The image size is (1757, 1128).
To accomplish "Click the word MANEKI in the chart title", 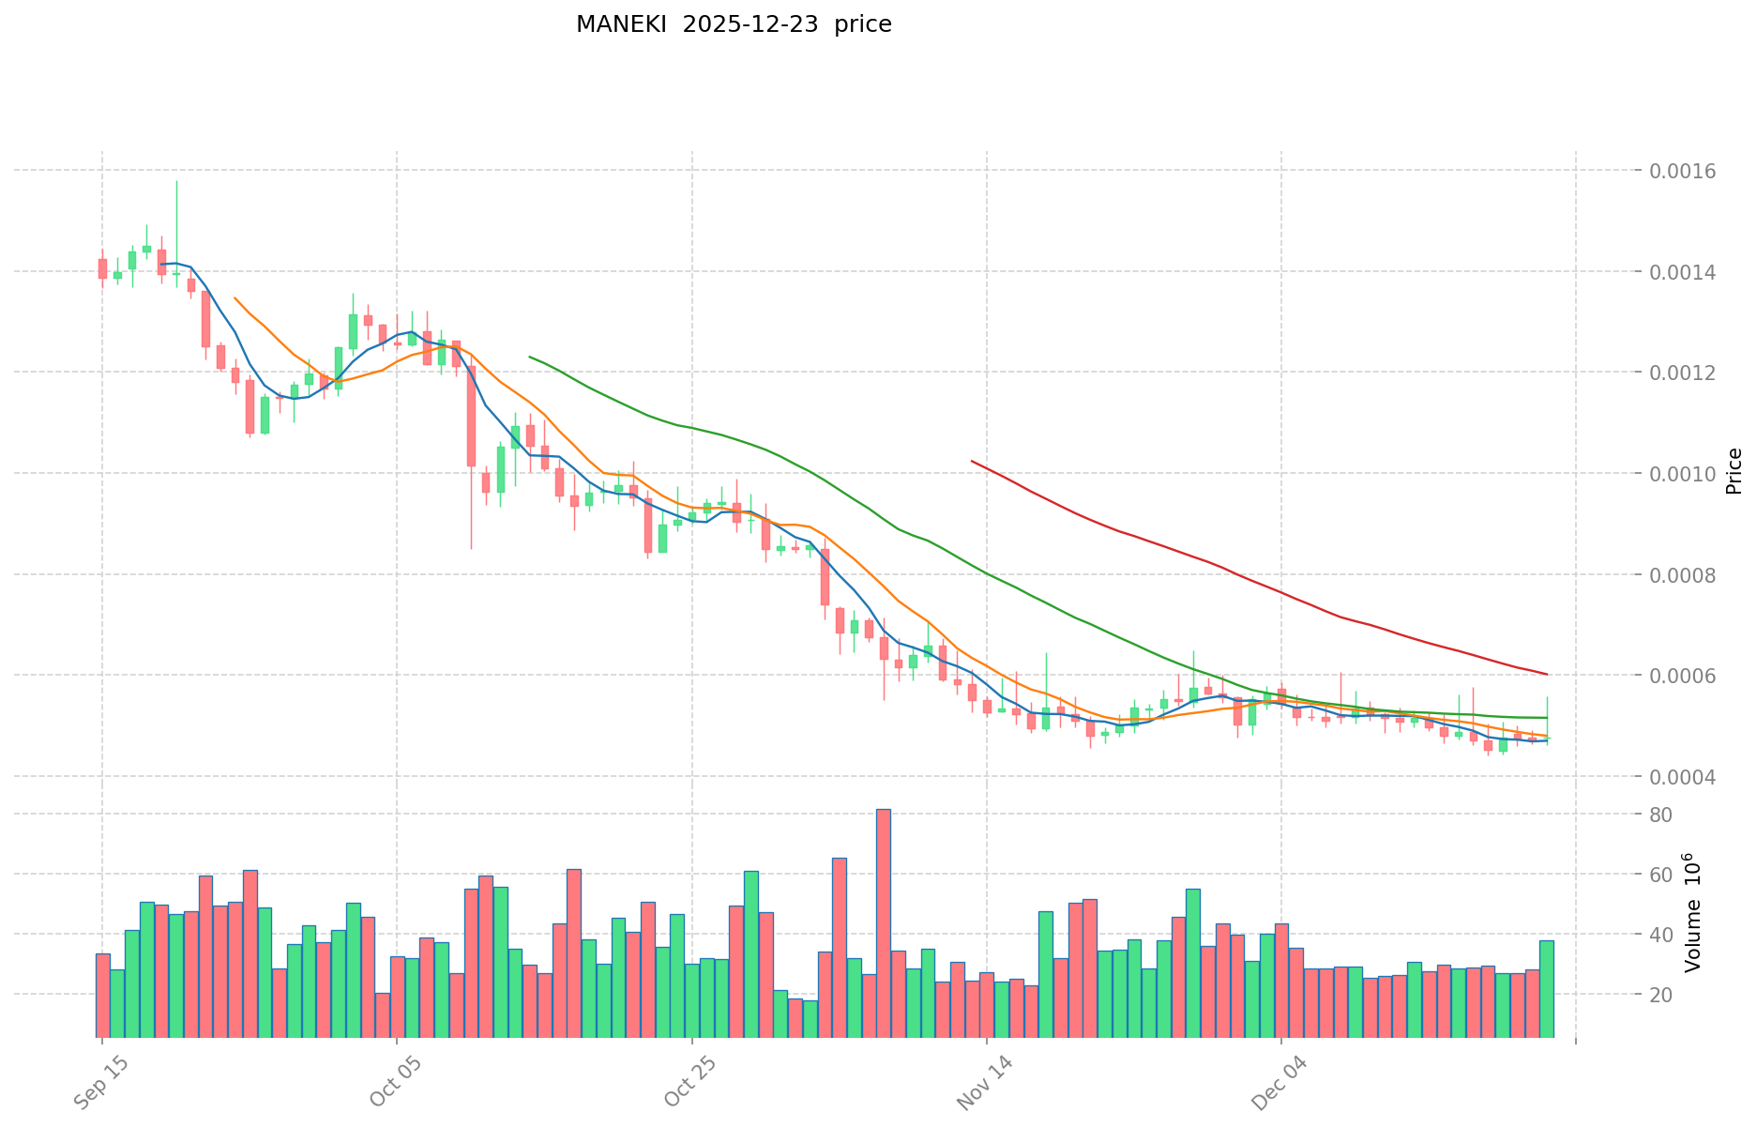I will pos(621,24).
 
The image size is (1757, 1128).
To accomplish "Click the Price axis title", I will pos(1734,471).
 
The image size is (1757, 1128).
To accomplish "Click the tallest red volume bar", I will pos(884,920).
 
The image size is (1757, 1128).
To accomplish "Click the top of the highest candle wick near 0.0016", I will pos(176,181).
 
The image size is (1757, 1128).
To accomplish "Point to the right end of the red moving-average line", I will pos(1547,674).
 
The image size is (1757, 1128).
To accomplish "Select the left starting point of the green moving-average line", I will pos(530,357).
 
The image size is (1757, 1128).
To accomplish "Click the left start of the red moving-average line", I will pos(972,461).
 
